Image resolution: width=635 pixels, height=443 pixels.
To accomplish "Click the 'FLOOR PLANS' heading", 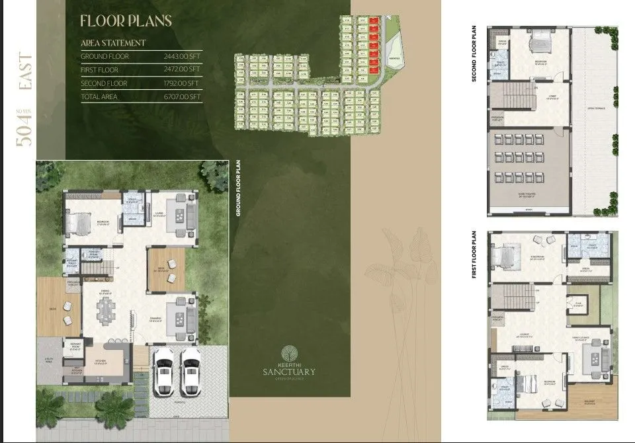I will tap(126, 20).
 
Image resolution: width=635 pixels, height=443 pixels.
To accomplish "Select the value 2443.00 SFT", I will tap(182, 57).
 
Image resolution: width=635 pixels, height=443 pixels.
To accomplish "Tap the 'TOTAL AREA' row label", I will tap(100, 97).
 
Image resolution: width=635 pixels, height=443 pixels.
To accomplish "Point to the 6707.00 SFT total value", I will tap(182, 97).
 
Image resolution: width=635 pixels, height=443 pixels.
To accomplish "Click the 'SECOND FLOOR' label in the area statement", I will tap(104, 84).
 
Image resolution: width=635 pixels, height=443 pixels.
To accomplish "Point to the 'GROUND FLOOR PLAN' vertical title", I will tap(237, 188).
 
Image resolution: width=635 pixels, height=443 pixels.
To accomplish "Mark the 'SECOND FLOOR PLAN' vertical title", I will tap(474, 54).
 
